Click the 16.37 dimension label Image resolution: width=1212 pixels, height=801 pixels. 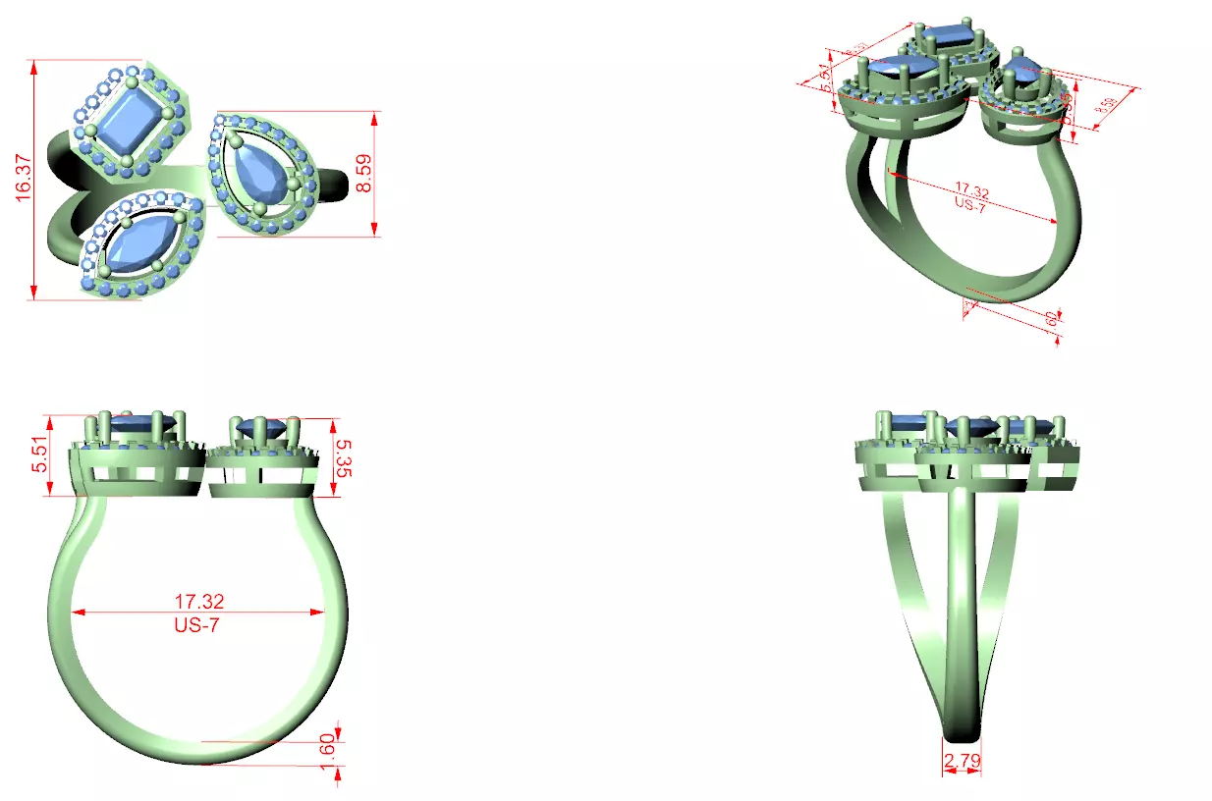tap(25, 179)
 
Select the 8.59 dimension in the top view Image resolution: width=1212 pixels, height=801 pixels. tap(365, 174)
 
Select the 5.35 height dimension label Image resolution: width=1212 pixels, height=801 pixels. tap(343, 457)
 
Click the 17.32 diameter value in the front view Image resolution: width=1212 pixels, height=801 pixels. tap(197, 601)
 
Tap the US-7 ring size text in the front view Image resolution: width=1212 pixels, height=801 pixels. tap(197, 625)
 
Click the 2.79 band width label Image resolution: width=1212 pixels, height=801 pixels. tap(962, 760)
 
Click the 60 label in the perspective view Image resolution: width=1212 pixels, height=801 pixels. tap(1050, 318)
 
